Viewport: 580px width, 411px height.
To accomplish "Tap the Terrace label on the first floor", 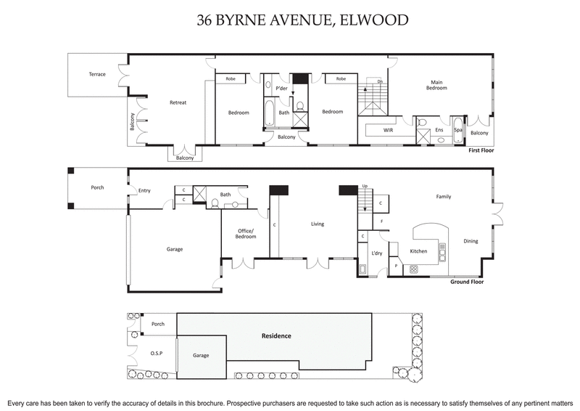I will tap(97, 74).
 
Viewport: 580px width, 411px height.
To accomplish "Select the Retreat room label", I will tap(178, 102).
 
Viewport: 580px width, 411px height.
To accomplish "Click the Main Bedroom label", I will tap(436, 85).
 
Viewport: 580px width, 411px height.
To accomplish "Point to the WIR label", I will tap(377, 130).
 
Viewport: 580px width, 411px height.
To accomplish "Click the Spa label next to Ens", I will tap(457, 130).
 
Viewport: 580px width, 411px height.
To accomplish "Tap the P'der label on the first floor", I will tap(282, 88).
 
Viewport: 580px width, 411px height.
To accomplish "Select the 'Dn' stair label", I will tap(380, 81).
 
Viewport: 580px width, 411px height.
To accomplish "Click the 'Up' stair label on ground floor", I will tap(365, 187).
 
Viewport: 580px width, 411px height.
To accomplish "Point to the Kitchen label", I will tap(418, 251).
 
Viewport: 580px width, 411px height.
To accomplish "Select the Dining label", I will tap(471, 241).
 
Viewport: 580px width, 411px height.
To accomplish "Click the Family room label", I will tap(443, 196).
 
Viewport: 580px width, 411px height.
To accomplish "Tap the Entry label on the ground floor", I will tap(144, 191).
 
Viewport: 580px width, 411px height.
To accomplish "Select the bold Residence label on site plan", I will tap(276, 336).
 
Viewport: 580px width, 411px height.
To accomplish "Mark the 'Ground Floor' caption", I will tap(467, 281).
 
